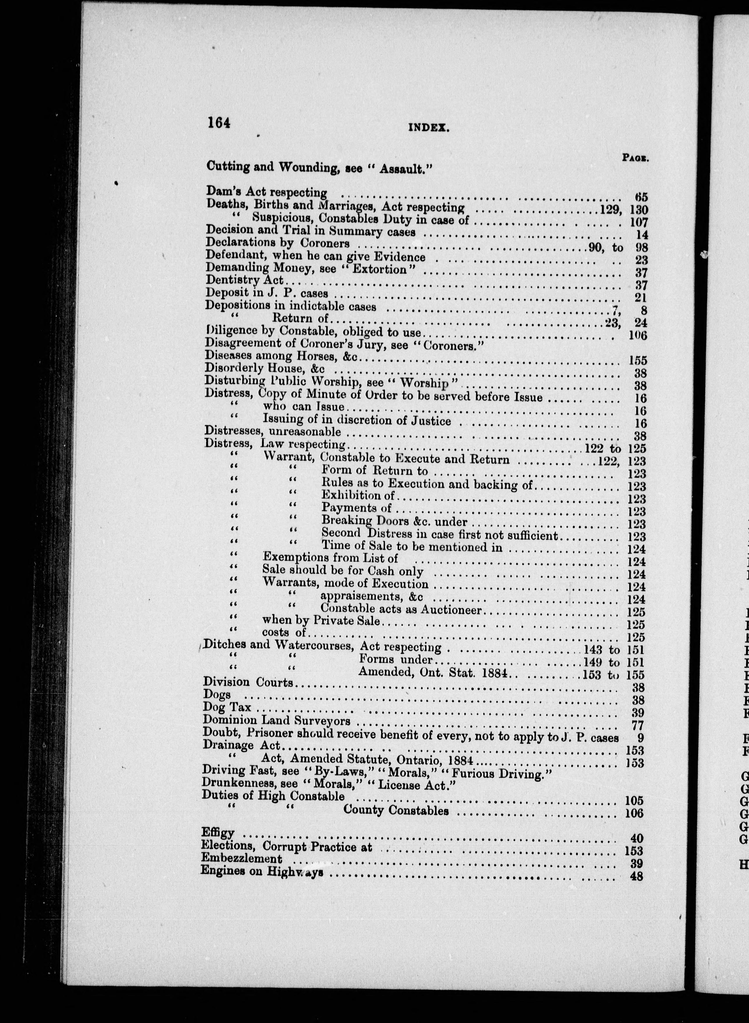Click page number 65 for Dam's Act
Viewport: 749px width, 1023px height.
pyautogui.click(x=641, y=197)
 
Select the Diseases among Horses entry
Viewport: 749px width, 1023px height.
pyautogui.click(x=281, y=357)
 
